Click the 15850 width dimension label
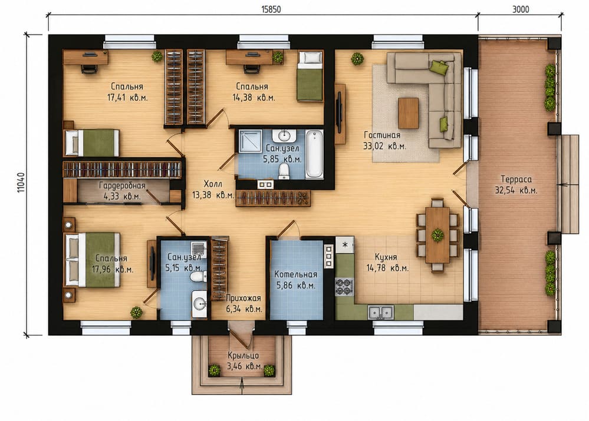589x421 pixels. (x=271, y=9)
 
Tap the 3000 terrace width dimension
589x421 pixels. (x=521, y=9)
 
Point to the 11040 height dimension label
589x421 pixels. (x=21, y=183)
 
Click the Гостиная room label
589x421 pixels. (x=382, y=135)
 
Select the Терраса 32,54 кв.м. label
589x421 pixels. (x=516, y=185)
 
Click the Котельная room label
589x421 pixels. (x=295, y=274)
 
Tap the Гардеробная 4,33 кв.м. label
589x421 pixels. (x=122, y=191)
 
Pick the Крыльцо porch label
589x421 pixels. (x=243, y=355)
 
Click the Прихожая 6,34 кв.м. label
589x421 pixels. (x=244, y=304)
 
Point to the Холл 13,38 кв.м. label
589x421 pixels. (x=213, y=190)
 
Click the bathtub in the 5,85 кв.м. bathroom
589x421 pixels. (x=314, y=154)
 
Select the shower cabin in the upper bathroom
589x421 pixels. (x=251, y=141)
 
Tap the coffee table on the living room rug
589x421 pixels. (x=409, y=113)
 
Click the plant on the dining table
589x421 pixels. (x=437, y=236)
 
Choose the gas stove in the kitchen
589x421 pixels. (x=344, y=287)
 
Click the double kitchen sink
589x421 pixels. (x=380, y=312)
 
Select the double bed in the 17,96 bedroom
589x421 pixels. (x=93, y=260)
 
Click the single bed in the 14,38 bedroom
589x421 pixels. (x=310, y=76)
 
